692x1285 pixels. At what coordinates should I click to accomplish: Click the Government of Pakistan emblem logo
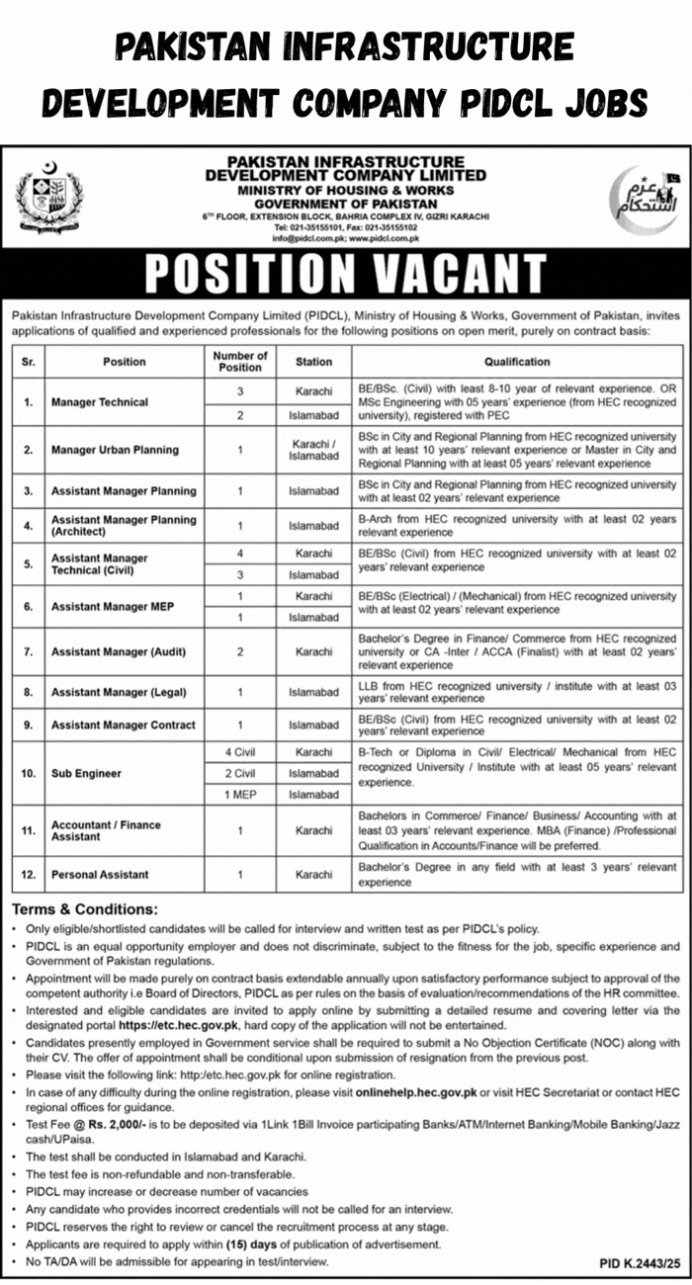49,196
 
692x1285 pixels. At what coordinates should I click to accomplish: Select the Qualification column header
517,362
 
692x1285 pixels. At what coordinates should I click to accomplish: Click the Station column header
313,362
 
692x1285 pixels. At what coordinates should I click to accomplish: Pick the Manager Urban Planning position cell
115,450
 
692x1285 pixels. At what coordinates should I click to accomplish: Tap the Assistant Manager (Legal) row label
119,692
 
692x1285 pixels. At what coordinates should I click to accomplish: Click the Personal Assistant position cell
100,875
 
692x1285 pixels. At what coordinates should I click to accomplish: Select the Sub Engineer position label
86,772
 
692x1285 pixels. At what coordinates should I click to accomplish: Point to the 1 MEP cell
240,794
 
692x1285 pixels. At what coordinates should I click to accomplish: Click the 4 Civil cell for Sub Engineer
240,752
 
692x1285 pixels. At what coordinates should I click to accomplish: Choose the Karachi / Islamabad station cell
313,450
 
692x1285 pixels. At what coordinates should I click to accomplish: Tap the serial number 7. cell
29,651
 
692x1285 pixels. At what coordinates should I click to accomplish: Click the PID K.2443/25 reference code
640,1263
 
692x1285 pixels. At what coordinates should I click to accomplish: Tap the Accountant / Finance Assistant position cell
106,830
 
